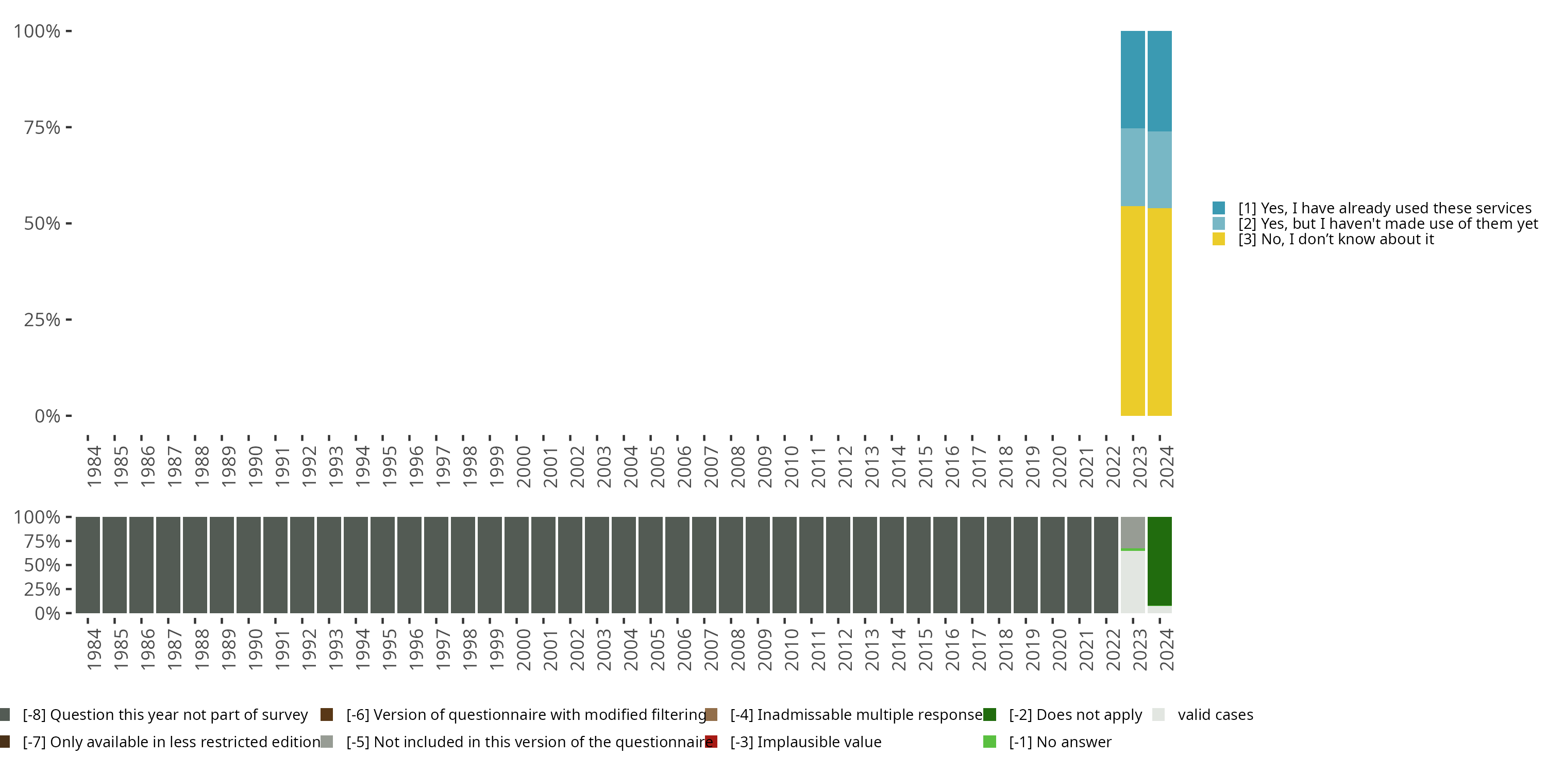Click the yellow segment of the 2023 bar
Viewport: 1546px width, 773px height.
click(1133, 310)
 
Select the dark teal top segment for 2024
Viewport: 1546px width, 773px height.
click(1159, 80)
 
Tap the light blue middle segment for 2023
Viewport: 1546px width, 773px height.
click(1133, 167)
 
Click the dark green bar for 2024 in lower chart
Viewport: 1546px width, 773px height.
click(1159, 561)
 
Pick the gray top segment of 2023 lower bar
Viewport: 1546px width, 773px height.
click(1133, 532)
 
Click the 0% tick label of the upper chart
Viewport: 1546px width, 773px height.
click(47, 416)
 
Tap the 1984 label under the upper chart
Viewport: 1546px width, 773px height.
click(94, 466)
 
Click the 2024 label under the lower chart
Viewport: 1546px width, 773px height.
click(1166, 650)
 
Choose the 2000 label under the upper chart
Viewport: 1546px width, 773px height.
click(524, 466)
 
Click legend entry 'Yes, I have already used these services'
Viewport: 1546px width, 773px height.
click(1385, 208)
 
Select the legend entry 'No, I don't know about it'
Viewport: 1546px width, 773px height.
click(1335, 240)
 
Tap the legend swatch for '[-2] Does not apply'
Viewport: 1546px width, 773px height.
click(989, 714)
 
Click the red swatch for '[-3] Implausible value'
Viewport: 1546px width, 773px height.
click(711, 742)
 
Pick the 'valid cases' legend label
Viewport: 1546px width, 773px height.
click(1215, 714)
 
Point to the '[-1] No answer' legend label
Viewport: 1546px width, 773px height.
click(1060, 742)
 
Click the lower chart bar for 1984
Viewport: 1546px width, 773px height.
click(88, 565)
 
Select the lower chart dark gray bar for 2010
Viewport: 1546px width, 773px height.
click(784, 565)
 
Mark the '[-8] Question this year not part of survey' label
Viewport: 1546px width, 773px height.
click(165, 714)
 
